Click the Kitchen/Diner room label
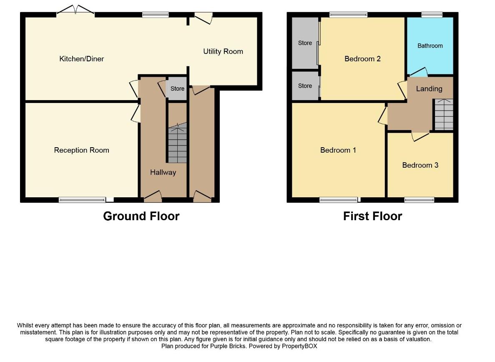pyautogui.click(x=81, y=59)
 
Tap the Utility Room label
pyautogui.click(x=223, y=51)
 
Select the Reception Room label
pyautogui.click(x=81, y=150)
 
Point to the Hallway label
pyautogui.click(x=163, y=172)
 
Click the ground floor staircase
pyautogui.click(x=177, y=143)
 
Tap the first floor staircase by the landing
pyautogui.click(x=444, y=114)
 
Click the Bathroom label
pyautogui.click(x=430, y=46)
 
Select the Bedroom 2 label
pyautogui.click(x=362, y=59)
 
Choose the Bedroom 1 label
pyautogui.click(x=338, y=150)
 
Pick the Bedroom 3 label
pyautogui.click(x=420, y=165)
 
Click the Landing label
pyautogui.click(x=429, y=89)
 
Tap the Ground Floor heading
pyautogui.click(x=141, y=216)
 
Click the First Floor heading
pyautogui.click(x=372, y=216)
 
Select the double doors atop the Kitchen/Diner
pyautogui.click(x=75, y=10)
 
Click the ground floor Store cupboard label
pyautogui.click(x=177, y=89)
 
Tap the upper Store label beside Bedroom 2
pyautogui.click(x=305, y=43)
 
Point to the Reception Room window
pyautogui.click(x=82, y=199)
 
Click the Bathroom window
pyautogui.click(x=432, y=15)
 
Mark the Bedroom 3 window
pyautogui.click(x=419, y=199)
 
